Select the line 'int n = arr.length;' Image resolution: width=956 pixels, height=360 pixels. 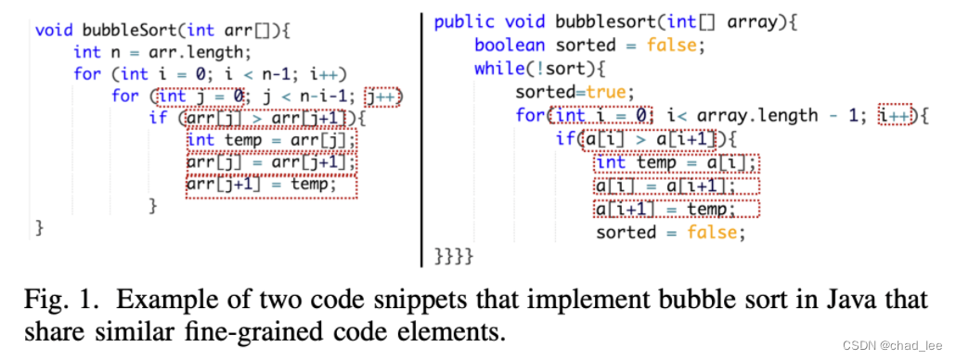pyautogui.click(x=161, y=52)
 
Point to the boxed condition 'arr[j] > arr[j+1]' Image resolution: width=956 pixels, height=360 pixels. pyautogui.click(x=269, y=119)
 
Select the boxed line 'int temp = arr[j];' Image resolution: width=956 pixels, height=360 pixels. pyautogui.click(x=270, y=141)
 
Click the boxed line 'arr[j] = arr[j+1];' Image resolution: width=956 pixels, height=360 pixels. pyautogui.click(x=270, y=163)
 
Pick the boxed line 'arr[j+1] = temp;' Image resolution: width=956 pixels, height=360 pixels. pyautogui.click(x=270, y=186)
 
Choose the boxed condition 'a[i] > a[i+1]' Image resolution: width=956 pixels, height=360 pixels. pyautogui.click(x=650, y=139)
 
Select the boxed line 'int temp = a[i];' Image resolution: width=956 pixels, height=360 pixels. pyautogui.click(x=676, y=163)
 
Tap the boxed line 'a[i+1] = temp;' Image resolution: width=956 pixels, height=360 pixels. pyautogui.click(x=676, y=209)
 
